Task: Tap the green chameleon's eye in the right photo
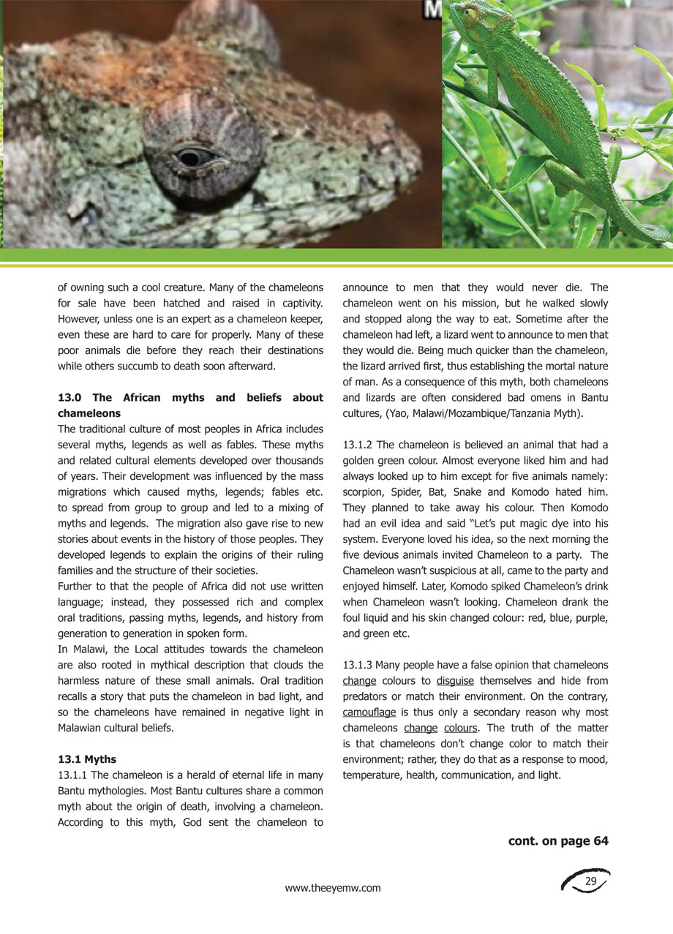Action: pyautogui.click(x=470, y=14)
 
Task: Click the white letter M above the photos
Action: pyautogui.click(x=432, y=9)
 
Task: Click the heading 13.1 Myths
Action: pyautogui.click(x=86, y=759)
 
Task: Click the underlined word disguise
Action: pyautogui.click(x=455, y=681)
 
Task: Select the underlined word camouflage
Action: pyautogui.click(x=369, y=712)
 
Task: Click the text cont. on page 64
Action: pyautogui.click(x=558, y=841)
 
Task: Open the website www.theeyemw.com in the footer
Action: pyautogui.click(x=333, y=888)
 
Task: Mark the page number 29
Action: pyautogui.click(x=591, y=882)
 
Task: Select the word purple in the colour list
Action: pyautogui.click(x=583, y=618)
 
